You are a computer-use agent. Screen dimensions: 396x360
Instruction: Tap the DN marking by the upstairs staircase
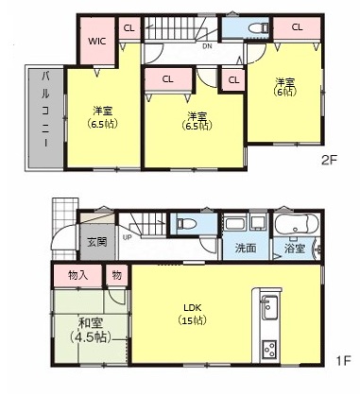coord(206,44)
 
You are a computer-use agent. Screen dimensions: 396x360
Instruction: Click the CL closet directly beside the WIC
coord(129,28)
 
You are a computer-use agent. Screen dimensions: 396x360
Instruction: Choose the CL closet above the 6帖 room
coord(297,27)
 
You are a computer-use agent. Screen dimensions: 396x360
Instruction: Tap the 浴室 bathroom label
coord(295,250)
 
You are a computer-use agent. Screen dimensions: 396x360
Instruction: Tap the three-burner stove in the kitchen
coord(267,349)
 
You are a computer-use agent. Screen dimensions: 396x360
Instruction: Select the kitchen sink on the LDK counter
coord(267,309)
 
